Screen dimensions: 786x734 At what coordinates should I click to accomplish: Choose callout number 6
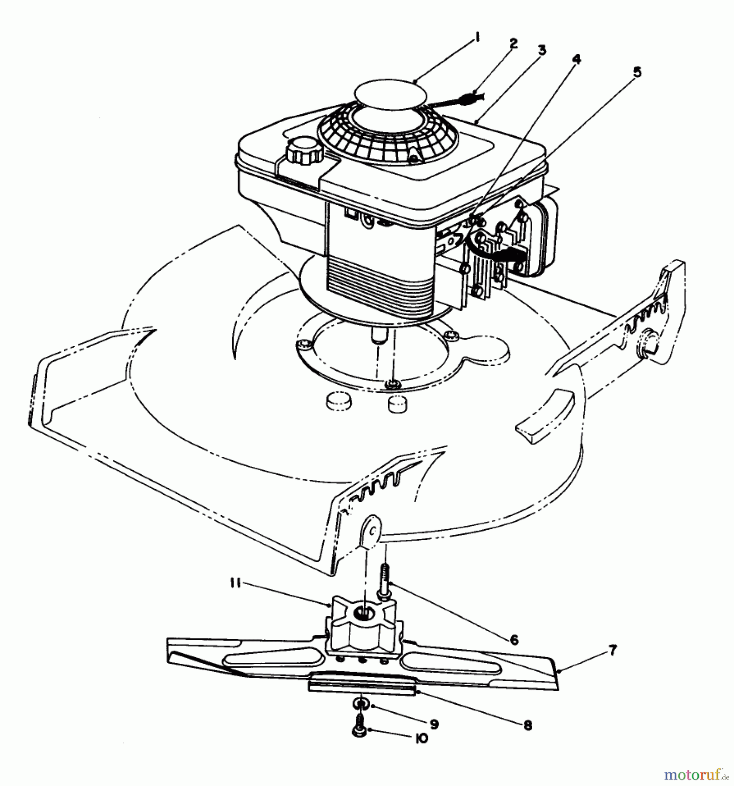coord(514,640)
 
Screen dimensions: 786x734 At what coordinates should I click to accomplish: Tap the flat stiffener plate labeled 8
coord(361,687)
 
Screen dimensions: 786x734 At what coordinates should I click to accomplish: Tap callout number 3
coord(542,51)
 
